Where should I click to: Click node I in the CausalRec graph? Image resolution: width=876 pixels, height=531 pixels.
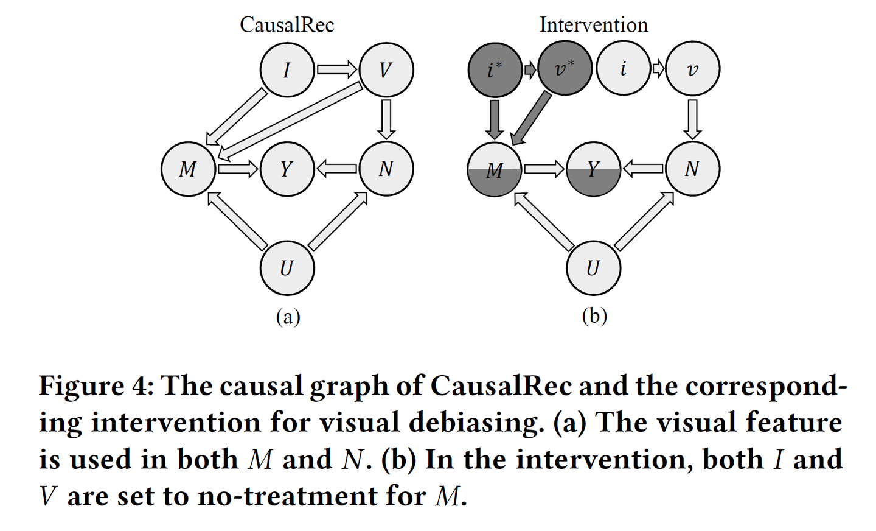click(x=287, y=70)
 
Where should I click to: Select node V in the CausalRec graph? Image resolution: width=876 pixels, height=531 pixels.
click(x=386, y=70)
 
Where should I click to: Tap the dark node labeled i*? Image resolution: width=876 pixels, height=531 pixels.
click(x=495, y=69)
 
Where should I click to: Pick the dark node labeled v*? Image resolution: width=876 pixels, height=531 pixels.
click(x=565, y=69)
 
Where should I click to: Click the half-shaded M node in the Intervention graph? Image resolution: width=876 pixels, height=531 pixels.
click(x=495, y=169)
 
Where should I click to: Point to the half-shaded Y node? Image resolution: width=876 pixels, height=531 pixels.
click(x=593, y=169)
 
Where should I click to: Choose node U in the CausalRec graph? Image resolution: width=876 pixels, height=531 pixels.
click(x=287, y=267)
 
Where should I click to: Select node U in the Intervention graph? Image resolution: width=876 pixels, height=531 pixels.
click(x=593, y=267)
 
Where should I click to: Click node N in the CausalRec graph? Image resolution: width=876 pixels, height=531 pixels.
click(x=386, y=169)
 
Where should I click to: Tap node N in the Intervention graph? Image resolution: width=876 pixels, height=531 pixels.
click(x=692, y=169)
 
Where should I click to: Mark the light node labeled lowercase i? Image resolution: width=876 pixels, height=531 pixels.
click(x=623, y=69)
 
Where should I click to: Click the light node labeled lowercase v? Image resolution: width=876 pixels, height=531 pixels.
click(x=692, y=69)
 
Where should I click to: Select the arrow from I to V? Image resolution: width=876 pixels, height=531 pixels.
click(x=336, y=69)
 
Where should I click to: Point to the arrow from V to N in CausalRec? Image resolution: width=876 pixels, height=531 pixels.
click(x=386, y=119)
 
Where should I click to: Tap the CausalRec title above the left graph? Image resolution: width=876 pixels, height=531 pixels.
click(x=287, y=25)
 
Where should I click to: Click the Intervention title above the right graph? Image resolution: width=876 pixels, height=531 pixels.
click(x=593, y=25)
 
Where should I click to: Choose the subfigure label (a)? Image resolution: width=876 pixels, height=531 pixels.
click(x=288, y=317)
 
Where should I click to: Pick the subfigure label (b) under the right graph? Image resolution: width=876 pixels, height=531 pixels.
click(x=594, y=315)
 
